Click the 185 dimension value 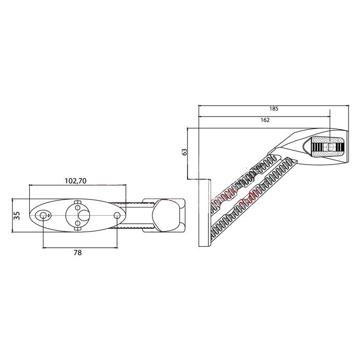coord(274,109)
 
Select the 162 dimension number coord(265,120)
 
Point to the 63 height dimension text coord(184,152)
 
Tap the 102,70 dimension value coord(76,181)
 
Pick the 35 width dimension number coord(17,216)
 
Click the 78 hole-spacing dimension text coord(78,252)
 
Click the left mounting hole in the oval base coord(43,215)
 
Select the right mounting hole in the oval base coord(117,215)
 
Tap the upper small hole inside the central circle coord(78,208)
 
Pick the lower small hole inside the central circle coord(78,223)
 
